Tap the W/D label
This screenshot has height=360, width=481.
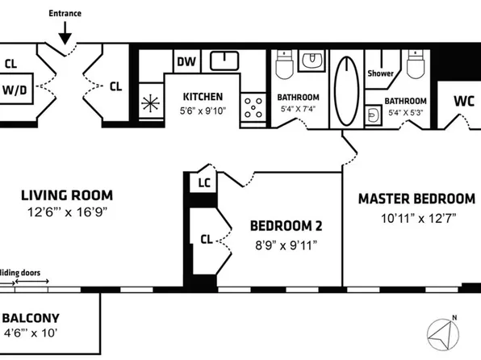[x=15, y=90]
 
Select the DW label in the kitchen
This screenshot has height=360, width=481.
[x=183, y=61]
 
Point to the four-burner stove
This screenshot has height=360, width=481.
[x=253, y=105]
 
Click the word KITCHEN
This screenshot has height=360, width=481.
[x=203, y=97]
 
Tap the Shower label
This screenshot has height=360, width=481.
[x=379, y=73]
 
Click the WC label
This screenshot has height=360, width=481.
[x=463, y=102]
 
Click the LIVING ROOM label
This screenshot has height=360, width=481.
[x=66, y=195]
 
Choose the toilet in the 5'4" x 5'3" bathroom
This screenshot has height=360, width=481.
[x=416, y=65]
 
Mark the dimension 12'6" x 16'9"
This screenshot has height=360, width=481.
[x=66, y=212]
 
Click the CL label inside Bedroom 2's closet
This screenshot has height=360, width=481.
[x=206, y=238]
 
